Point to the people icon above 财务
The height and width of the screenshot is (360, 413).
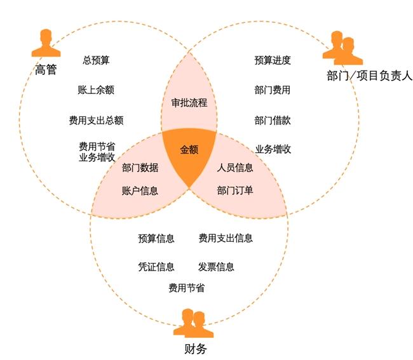pyautogui.click(x=192, y=322)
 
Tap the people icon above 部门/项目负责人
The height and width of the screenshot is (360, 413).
pyautogui.click(x=342, y=48)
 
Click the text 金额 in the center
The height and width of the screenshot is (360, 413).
pyautogui.click(x=189, y=150)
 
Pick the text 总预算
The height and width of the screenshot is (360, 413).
pyautogui.click(x=96, y=60)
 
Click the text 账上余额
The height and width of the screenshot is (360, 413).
pyautogui.click(x=96, y=90)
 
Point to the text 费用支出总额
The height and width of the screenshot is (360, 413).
pyautogui.click(x=96, y=119)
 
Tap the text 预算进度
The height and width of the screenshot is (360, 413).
pyautogui.click(x=273, y=60)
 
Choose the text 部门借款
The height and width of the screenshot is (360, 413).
pyautogui.click(x=273, y=120)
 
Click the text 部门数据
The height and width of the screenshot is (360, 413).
pyautogui.click(x=140, y=168)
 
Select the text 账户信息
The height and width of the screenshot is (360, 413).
pyautogui.click(x=140, y=190)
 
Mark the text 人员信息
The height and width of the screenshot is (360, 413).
pyautogui.click(x=235, y=168)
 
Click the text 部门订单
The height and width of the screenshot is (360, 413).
pyautogui.click(x=235, y=190)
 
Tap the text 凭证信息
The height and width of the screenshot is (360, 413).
pyautogui.click(x=156, y=267)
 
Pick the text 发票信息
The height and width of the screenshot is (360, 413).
pyautogui.click(x=216, y=267)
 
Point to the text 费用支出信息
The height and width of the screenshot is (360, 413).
pyautogui.click(x=226, y=238)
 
